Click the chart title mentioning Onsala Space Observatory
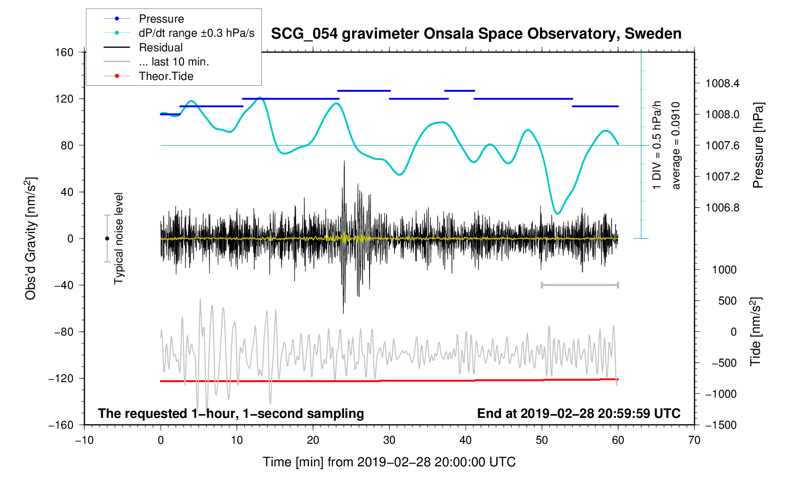[x=476, y=34]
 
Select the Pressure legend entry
[x=161, y=19]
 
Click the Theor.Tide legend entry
[x=166, y=76]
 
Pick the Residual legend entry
[x=161, y=48]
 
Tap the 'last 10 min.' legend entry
[x=174, y=62]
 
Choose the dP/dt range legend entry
[x=196, y=33]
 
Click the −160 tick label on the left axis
[x=61, y=425]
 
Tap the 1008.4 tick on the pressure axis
[x=722, y=84]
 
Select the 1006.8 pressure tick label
[x=722, y=208]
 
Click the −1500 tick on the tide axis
[x=721, y=425]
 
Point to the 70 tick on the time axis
[x=694, y=440]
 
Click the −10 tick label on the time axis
[x=84, y=440]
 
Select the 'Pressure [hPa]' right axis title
[x=758, y=145]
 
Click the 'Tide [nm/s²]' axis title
[x=756, y=332]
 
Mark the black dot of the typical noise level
[x=107, y=239]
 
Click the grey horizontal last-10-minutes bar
[x=580, y=285]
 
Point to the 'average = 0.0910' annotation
[x=676, y=145]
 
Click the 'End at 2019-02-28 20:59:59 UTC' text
[x=579, y=414]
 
